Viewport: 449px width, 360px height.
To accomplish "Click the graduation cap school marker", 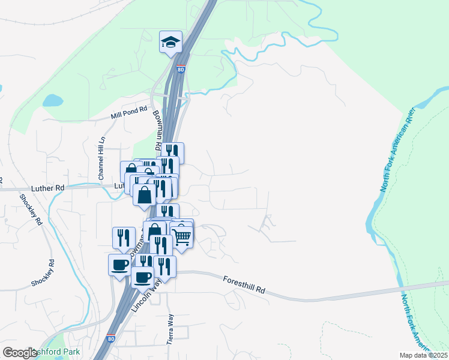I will pos(170,43).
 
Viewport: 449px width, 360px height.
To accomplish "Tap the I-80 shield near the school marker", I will pos(181,70).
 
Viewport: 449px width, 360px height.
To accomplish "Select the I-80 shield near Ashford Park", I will pos(110,339).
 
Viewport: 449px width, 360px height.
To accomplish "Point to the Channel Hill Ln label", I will pos(102,158).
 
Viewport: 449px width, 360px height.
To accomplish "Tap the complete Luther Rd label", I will pos(51,188).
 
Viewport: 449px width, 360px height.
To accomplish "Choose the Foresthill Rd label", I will pos(244,284).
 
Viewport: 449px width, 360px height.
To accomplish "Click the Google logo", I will pos(20,353).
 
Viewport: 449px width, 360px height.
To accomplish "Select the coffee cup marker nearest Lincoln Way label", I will pos(143,278).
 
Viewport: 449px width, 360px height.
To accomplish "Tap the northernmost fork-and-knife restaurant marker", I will pos(172,152).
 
